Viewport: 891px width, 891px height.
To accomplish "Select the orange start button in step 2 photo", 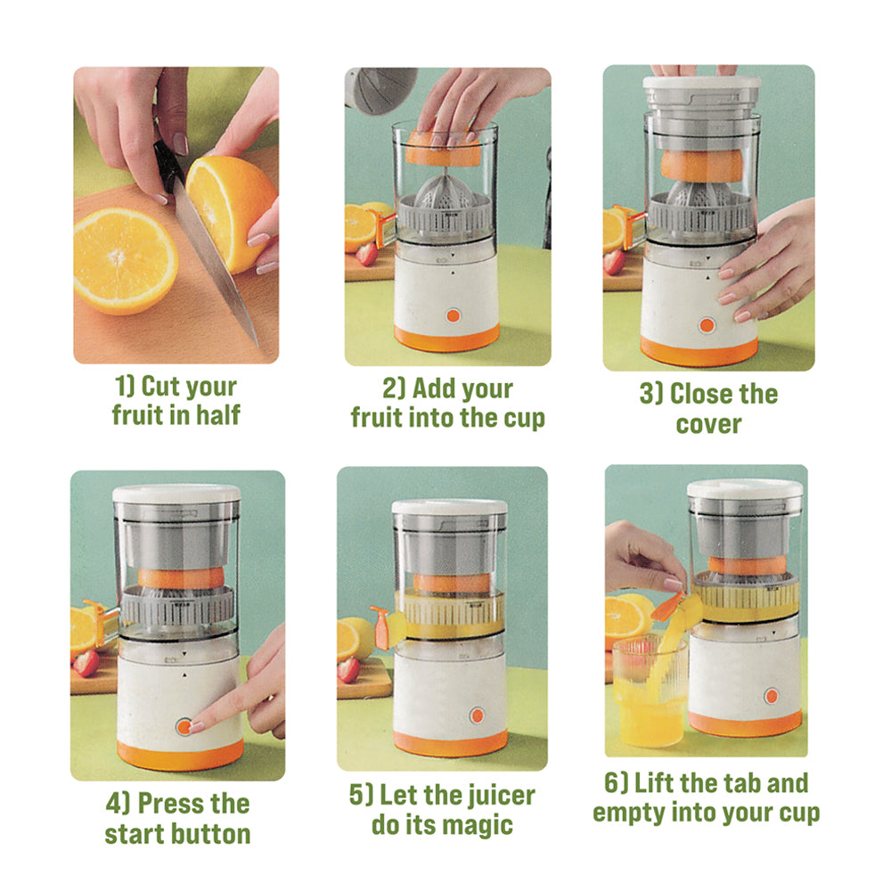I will [x=453, y=315].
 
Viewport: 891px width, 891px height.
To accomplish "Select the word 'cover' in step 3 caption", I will [x=708, y=423].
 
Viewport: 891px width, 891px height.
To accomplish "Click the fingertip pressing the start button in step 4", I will [x=197, y=726].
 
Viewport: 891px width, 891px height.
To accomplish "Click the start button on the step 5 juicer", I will [x=478, y=715].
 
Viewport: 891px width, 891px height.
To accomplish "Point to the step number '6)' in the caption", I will [x=617, y=783].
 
